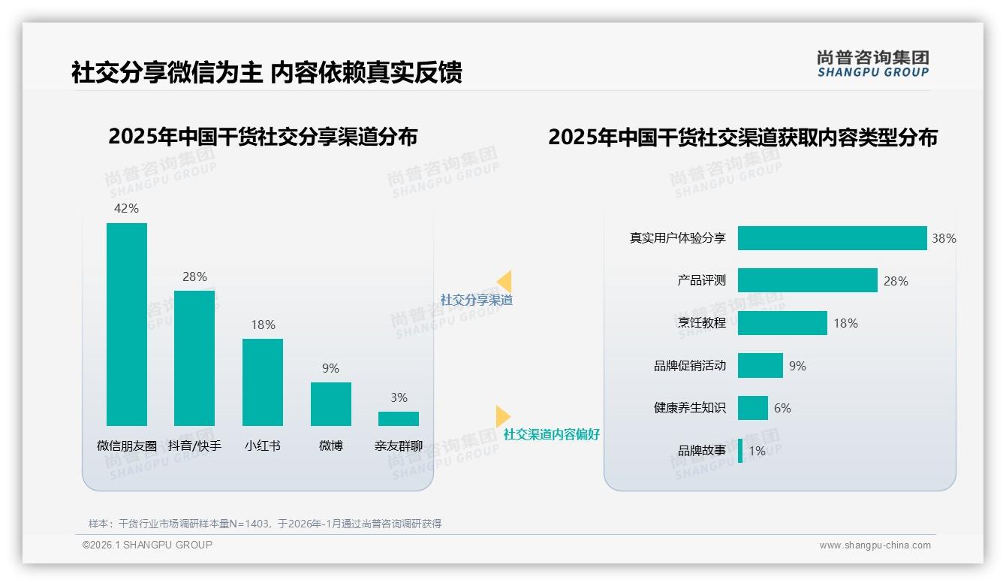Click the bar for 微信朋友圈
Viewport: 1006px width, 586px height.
(x=127, y=325)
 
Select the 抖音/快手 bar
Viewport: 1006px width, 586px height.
(x=194, y=358)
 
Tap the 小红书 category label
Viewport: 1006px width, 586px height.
(x=263, y=446)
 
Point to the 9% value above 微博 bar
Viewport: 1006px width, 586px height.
(x=330, y=368)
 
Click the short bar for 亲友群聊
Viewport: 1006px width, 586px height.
(x=399, y=418)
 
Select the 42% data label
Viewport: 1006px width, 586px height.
(x=126, y=208)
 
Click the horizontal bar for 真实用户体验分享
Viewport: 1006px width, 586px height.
(x=832, y=238)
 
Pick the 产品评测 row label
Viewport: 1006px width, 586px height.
(x=701, y=280)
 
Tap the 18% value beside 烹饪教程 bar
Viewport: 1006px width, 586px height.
(x=845, y=323)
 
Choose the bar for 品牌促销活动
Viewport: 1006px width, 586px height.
(x=760, y=366)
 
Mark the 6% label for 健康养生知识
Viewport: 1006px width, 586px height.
(x=782, y=408)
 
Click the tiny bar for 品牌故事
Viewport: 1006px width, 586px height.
(x=740, y=451)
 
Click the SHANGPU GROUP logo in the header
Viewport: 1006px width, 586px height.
(x=873, y=63)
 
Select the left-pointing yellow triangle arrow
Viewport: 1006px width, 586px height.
(x=505, y=282)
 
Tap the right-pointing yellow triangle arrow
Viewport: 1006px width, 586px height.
(x=502, y=416)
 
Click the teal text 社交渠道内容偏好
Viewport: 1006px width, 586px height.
(x=551, y=434)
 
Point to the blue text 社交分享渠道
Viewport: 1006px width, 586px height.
(x=476, y=300)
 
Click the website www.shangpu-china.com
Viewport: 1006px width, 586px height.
(x=875, y=545)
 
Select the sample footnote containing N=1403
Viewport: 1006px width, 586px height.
(x=265, y=524)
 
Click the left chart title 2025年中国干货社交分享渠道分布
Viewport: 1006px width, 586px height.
(x=263, y=137)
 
